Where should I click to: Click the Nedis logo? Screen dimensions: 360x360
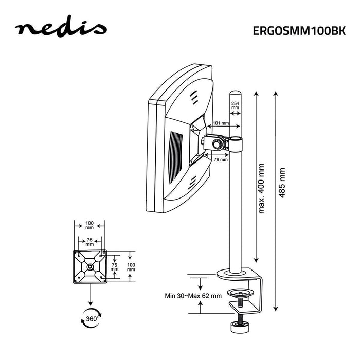coord(61,29)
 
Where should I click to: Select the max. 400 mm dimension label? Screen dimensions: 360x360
coord(261,189)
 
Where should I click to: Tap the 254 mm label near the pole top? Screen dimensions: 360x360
coord(235,106)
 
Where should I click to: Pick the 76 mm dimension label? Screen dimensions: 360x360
coord(221,160)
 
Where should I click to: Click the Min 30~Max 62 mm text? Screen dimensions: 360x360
coord(193,296)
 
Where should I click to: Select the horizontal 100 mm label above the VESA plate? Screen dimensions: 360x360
coord(89,226)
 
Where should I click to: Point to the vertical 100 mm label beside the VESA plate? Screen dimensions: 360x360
coord(131,266)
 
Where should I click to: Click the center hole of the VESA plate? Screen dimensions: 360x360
coord(91,266)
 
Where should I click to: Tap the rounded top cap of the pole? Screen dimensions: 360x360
coord(236,95)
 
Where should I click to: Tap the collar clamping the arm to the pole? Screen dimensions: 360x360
coord(236,143)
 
